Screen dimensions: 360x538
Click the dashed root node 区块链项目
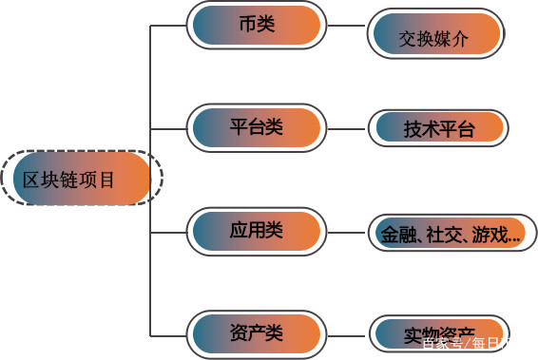pos(82,179)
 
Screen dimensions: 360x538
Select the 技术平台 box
pos(438,128)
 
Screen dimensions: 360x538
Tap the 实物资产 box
pos(438,334)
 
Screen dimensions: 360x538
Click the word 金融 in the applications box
pos(397,234)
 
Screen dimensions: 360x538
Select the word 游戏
pos(490,234)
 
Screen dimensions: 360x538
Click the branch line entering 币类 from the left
pos(168,26)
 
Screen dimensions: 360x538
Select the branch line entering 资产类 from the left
pos(168,333)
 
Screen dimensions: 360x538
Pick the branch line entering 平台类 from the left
pos(168,128)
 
